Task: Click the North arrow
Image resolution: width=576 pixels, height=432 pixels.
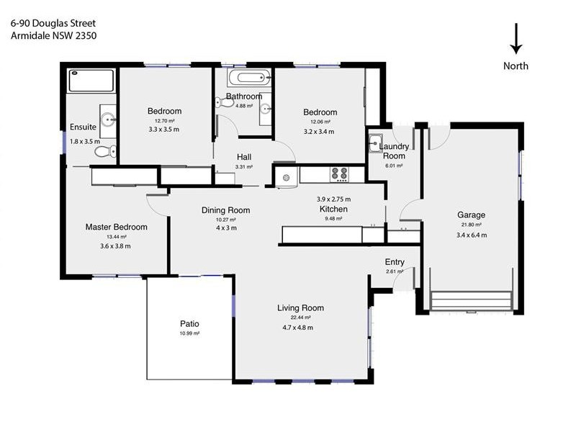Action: [516, 39]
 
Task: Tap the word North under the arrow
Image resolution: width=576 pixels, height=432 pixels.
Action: [516, 66]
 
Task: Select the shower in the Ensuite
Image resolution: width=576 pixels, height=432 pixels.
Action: [91, 80]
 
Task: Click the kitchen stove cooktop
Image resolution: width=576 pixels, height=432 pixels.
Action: [338, 174]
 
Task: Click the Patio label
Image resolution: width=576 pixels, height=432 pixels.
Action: [189, 324]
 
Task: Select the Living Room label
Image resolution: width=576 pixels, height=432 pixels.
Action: [301, 308]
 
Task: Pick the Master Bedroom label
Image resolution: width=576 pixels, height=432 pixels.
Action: [116, 227]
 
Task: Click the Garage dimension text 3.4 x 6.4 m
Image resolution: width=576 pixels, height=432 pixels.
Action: [472, 235]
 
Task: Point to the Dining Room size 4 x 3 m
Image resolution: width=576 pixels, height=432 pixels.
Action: [225, 228]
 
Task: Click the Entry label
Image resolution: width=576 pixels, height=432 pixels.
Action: [395, 262]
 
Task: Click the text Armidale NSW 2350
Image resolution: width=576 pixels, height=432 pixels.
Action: [53, 35]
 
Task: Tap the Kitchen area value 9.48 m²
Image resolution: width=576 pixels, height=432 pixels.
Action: [333, 219]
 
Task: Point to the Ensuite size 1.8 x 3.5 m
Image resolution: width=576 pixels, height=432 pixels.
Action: [84, 142]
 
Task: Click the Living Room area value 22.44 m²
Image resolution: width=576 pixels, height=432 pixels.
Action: [301, 318]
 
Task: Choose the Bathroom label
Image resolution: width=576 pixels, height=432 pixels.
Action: [244, 96]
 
